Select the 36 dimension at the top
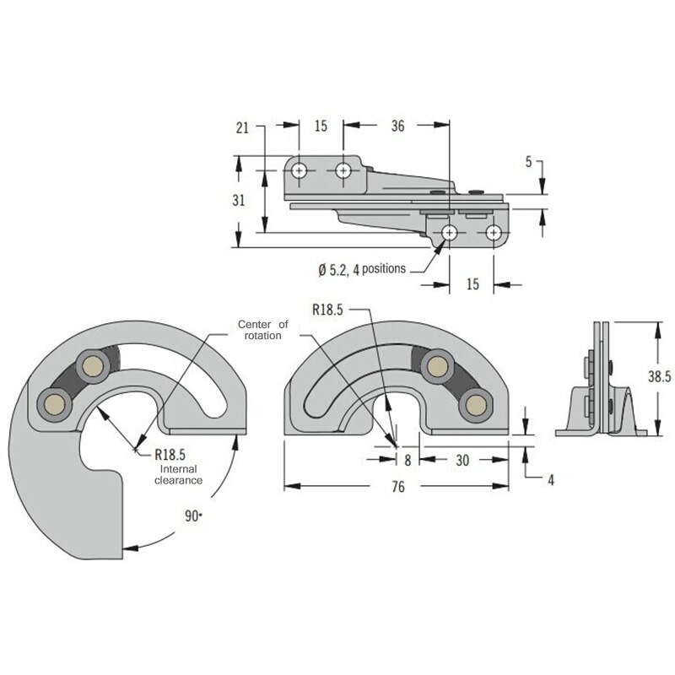pos(398,127)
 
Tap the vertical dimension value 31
pos(239,201)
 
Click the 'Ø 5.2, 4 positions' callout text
pos(362,269)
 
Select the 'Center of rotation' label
pos(262,330)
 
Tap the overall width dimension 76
pos(398,487)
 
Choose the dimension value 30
pos(463,461)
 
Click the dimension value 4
pos(550,480)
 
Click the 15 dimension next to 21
pos(321,127)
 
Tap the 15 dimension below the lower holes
pos(472,284)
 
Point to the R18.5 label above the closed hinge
pos(327,310)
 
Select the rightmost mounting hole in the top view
pos(494,231)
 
